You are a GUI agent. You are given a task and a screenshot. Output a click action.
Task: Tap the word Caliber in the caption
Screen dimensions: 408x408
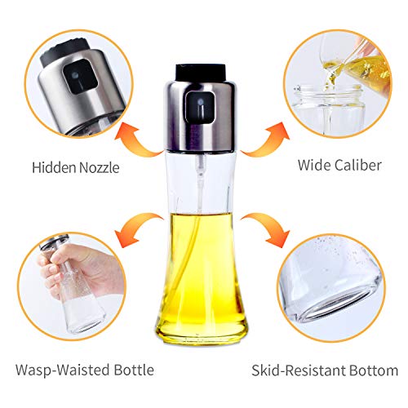pyautogui.click(x=359, y=166)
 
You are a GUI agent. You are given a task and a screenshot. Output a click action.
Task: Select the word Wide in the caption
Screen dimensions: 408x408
pyautogui.click(x=314, y=166)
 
